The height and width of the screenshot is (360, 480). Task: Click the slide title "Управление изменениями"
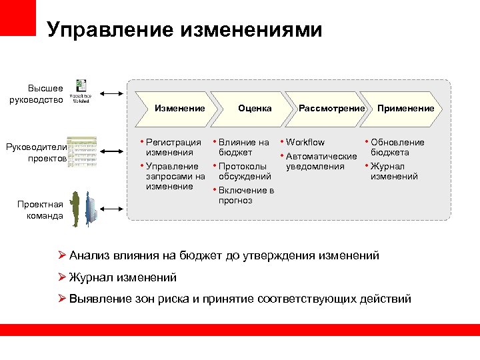(x=185, y=30)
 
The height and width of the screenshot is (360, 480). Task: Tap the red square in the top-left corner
(x=18, y=17)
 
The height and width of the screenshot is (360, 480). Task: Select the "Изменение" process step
(x=179, y=108)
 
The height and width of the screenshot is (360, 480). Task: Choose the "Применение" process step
(x=405, y=108)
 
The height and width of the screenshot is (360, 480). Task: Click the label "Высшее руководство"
(x=45, y=94)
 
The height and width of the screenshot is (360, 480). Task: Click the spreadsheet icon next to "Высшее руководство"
(x=81, y=91)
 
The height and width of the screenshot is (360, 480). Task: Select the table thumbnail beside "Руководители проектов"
(x=81, y=151)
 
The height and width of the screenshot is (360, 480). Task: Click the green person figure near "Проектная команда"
(x=76, y=209)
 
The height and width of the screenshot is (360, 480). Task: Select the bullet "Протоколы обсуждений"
(x=245, y=171)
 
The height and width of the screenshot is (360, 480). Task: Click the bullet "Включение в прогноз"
(x=246, y=195)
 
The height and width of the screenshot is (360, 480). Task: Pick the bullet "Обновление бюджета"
(x=397, y=147)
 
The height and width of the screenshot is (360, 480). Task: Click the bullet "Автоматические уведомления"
(x=321, y=161)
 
